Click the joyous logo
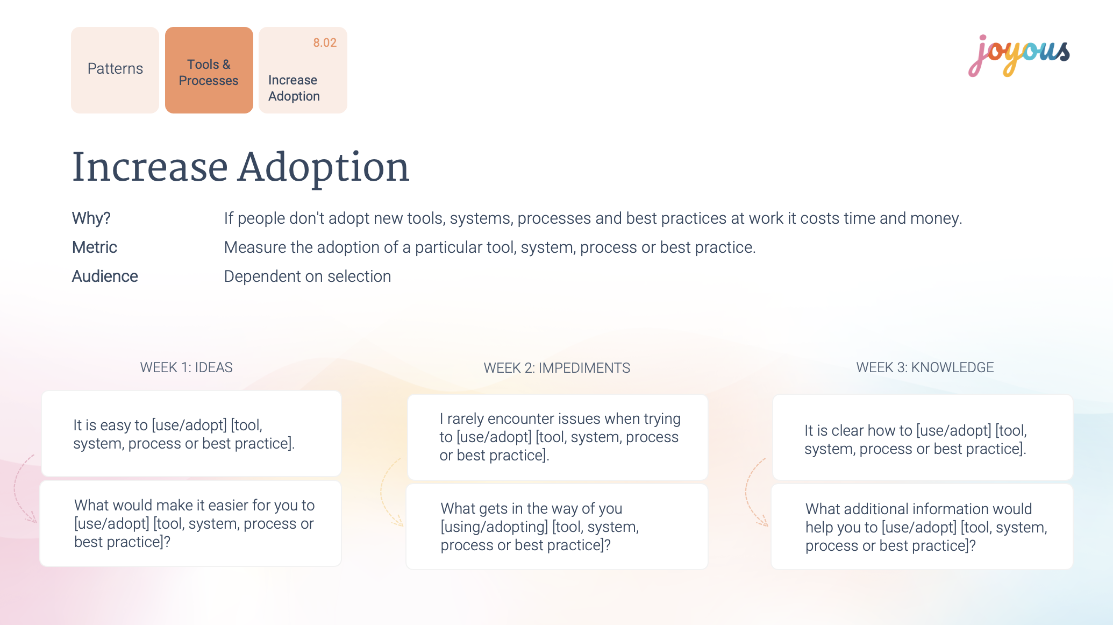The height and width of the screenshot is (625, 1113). tap(1019, 56)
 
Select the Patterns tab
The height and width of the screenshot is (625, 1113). tap(115, 70)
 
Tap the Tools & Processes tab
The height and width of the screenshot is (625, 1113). tap(209, 70)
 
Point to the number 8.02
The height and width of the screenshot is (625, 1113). tap(325, 42)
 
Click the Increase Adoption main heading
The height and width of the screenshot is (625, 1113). tap(241, 167)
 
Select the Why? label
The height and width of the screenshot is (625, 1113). tap(91, 218)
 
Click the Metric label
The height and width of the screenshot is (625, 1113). tap(95, 247)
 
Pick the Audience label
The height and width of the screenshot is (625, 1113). tap(105, 276)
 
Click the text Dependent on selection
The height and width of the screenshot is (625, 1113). tap(308, 276)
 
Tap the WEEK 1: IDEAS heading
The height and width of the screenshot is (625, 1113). tap(187, 367)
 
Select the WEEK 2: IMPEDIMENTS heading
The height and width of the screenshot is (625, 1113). tap(557, 368)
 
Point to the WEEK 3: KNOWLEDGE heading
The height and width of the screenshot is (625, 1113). tap(925, 367)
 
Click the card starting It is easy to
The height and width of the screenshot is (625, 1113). tap(191, 434)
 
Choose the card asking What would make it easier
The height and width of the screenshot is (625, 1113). tap(191, 523)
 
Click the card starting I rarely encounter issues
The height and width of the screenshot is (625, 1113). tap(558, 437)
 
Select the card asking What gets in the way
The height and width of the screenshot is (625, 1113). tap(557, 527)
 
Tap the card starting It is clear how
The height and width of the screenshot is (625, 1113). tap(923, 437)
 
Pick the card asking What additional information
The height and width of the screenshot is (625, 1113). tap(922, 527)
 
